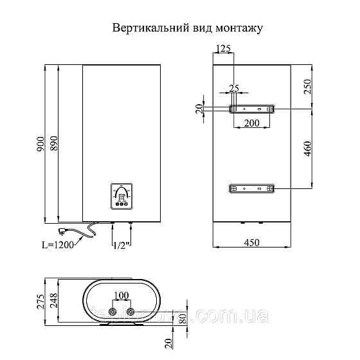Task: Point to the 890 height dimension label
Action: tap(54, 143)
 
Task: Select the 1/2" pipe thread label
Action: tap(122, 245)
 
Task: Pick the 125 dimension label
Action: tap(223, 50)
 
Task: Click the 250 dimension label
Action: tap(307, 87)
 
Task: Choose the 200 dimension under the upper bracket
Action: tap(251, 122)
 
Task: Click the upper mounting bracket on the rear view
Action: tap(251, 109)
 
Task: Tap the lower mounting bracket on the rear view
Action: tap(251, 188)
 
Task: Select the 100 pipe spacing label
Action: tap(121, 295)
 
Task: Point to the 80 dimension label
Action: tap(182, 318)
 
